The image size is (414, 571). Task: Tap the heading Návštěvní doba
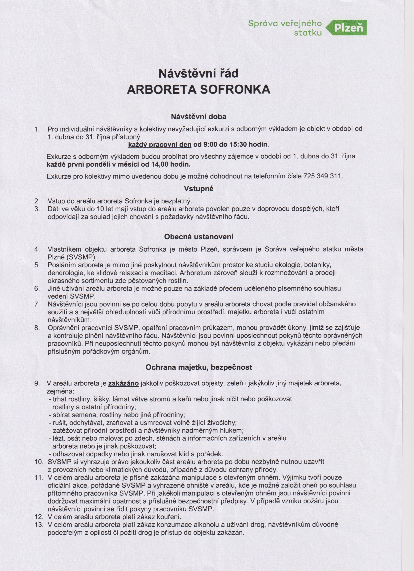(198, 117)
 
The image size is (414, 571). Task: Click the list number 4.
(37, 249)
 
